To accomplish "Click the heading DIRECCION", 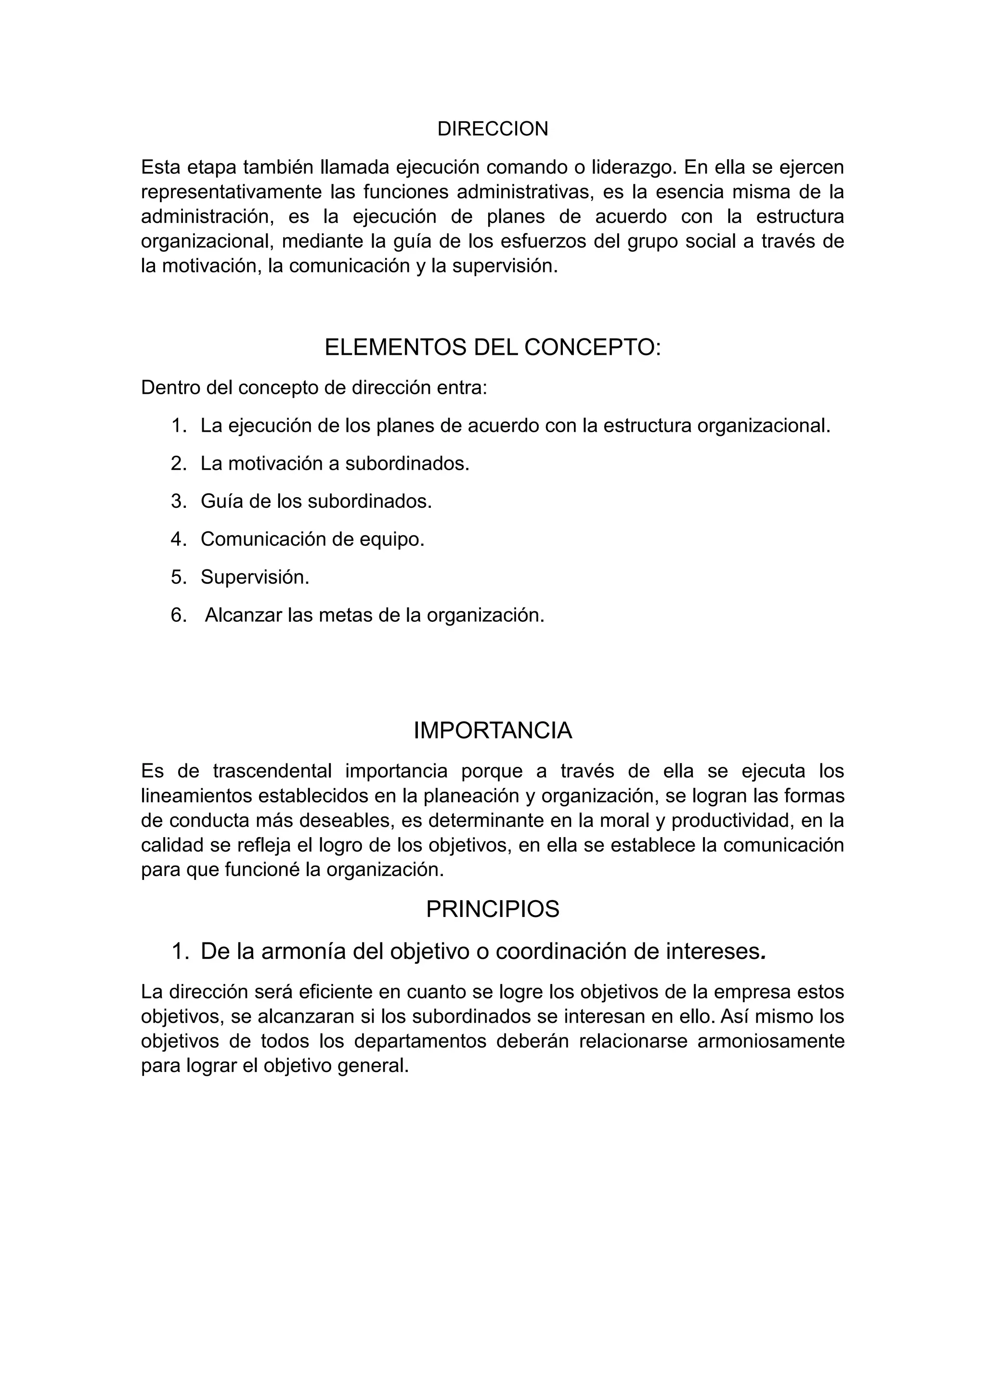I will (493, 129).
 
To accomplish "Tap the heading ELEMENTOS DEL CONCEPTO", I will (493, 347).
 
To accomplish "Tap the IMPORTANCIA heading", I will (493, 730).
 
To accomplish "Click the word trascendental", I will (272, 771).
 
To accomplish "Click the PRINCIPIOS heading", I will (493, 909).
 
